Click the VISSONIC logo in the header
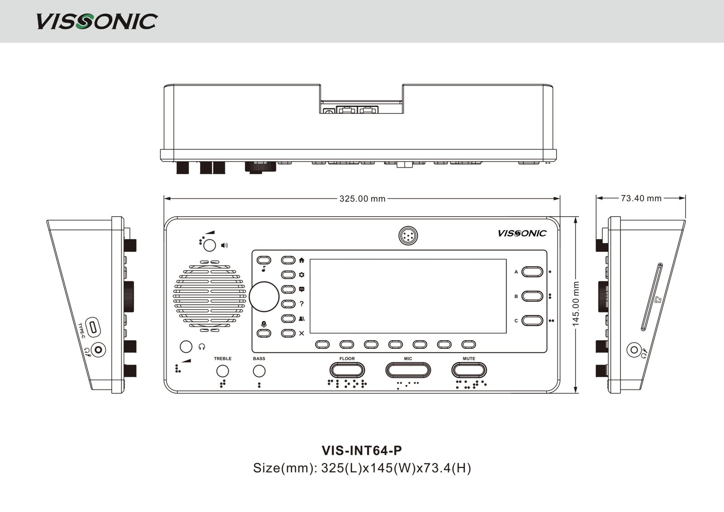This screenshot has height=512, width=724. (96, 21)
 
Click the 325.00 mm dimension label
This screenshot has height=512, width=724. (362, 199)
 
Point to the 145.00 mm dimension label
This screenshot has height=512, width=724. (576, 304)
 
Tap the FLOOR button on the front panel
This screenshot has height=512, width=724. (347, 370)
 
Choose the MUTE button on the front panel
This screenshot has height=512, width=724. (469, 370)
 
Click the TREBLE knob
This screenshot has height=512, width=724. (222, 371)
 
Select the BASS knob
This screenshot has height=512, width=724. (259, 371)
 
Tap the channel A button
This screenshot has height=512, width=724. (532, 271)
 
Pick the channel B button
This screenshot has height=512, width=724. (532, 296)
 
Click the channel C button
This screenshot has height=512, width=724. (532, 321)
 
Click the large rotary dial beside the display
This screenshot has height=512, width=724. (264, 296)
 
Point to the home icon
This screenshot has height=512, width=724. (302, 261)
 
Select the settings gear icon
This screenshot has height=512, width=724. (302, 275)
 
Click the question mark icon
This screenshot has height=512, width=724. (302, 304)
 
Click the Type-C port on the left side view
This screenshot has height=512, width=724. (93, 327)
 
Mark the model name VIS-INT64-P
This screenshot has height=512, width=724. (362, 451)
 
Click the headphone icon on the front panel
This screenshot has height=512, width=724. (202, 347)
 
